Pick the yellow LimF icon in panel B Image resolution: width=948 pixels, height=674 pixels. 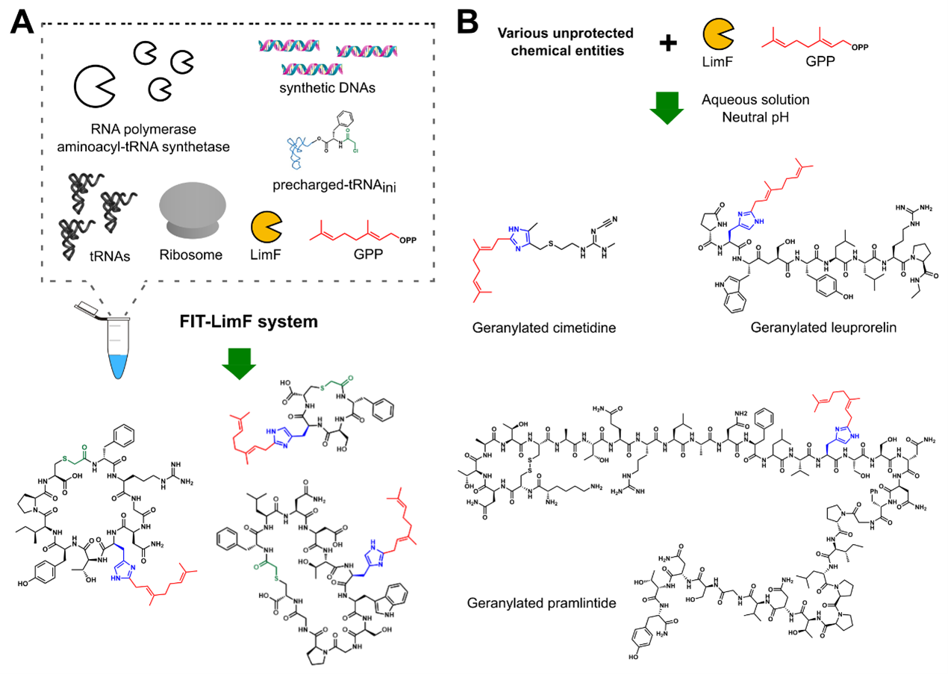tap(719, 37)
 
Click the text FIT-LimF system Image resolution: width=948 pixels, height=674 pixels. tap(240, 323)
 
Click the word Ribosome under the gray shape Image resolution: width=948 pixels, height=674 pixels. tap(192, 255)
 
